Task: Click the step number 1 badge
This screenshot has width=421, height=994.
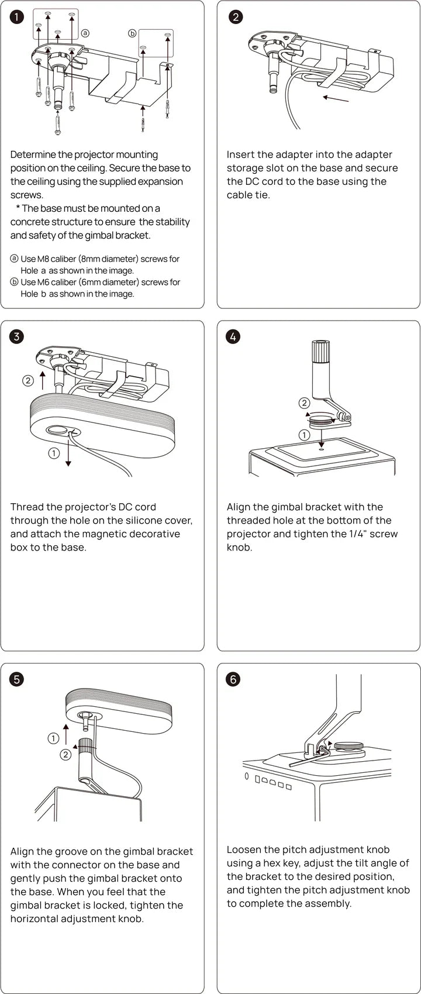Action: pos(17,16)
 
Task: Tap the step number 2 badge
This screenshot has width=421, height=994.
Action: pos(235,16)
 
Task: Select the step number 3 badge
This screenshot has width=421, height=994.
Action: pos(17,336)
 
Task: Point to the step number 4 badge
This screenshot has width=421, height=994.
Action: pos(233,336)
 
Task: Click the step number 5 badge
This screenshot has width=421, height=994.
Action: pos(17,679)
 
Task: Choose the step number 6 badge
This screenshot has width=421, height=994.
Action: pos(233,679)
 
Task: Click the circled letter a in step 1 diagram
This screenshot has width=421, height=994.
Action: pos(85,33)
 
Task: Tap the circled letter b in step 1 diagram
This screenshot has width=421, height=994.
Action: pos(132,33)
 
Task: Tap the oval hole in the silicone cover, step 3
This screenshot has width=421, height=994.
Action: pos(58,431)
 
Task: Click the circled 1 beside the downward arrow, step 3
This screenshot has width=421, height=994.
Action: pos(54,453)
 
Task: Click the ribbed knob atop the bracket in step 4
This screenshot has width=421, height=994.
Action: pos(321,352)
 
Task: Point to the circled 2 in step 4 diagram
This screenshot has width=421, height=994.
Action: pos(304,403)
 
